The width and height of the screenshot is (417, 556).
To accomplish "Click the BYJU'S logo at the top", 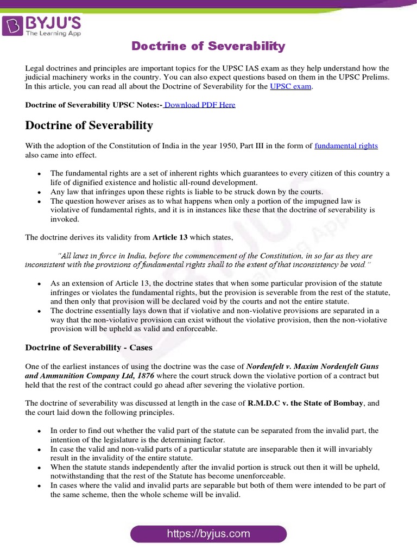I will (42, 25).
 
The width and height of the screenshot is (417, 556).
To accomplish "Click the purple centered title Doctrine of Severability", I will (208, 46).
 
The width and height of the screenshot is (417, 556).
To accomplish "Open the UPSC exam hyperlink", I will (291, 86).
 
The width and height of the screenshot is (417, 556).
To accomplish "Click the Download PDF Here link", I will (199, 105).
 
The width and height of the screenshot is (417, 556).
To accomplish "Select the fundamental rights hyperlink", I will (346, 146).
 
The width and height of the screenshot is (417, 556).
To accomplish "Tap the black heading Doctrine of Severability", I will (89, 125).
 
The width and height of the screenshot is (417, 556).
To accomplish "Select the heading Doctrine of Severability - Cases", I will (89, 347).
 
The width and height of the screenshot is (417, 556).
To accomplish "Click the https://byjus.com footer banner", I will (208, 534).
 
